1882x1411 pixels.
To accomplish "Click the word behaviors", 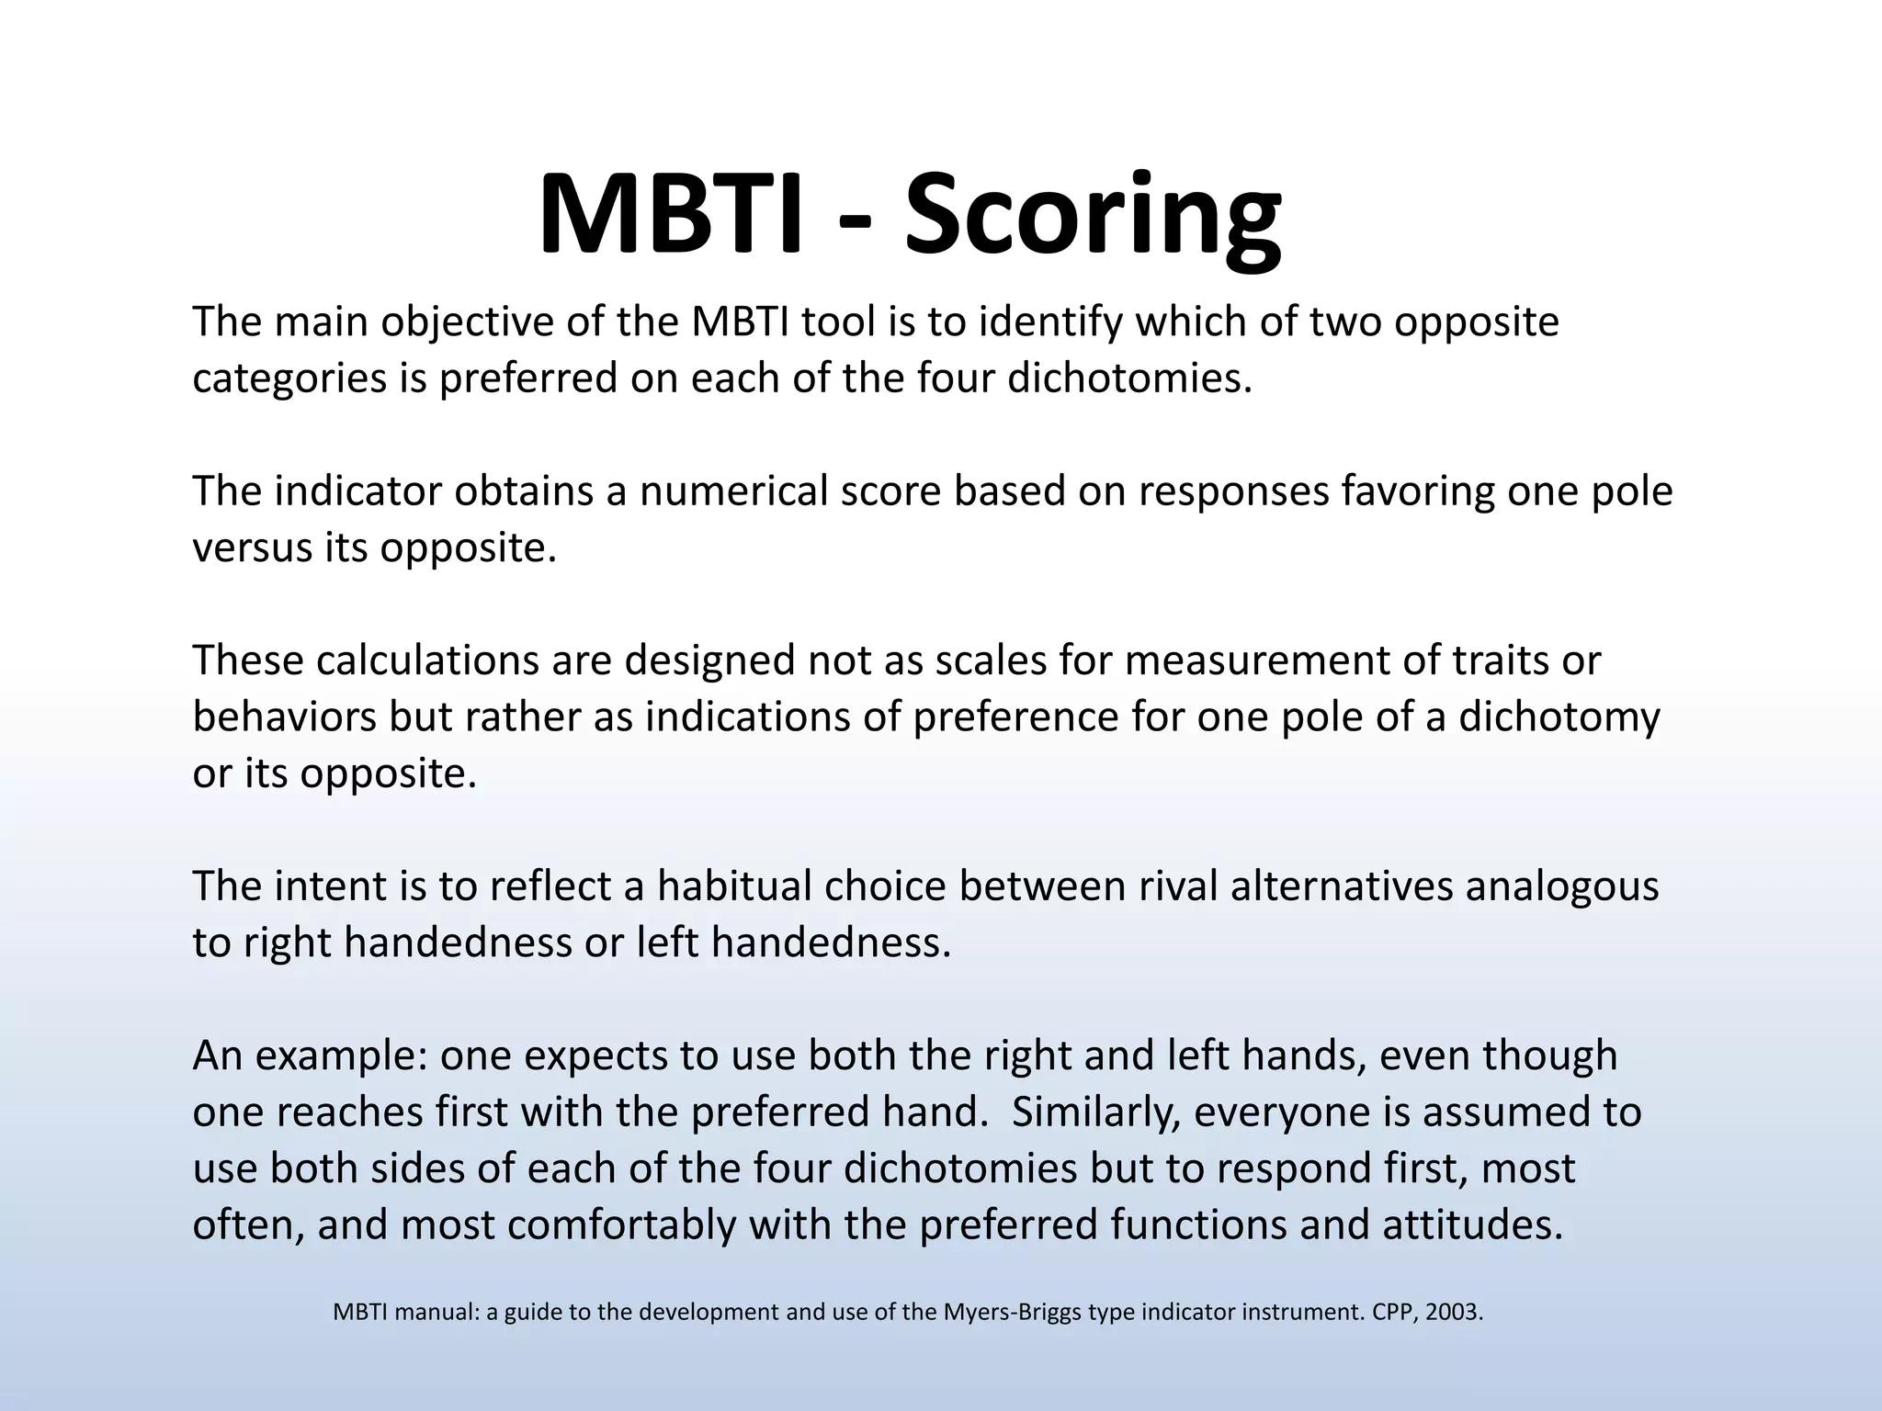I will coord(285,717).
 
